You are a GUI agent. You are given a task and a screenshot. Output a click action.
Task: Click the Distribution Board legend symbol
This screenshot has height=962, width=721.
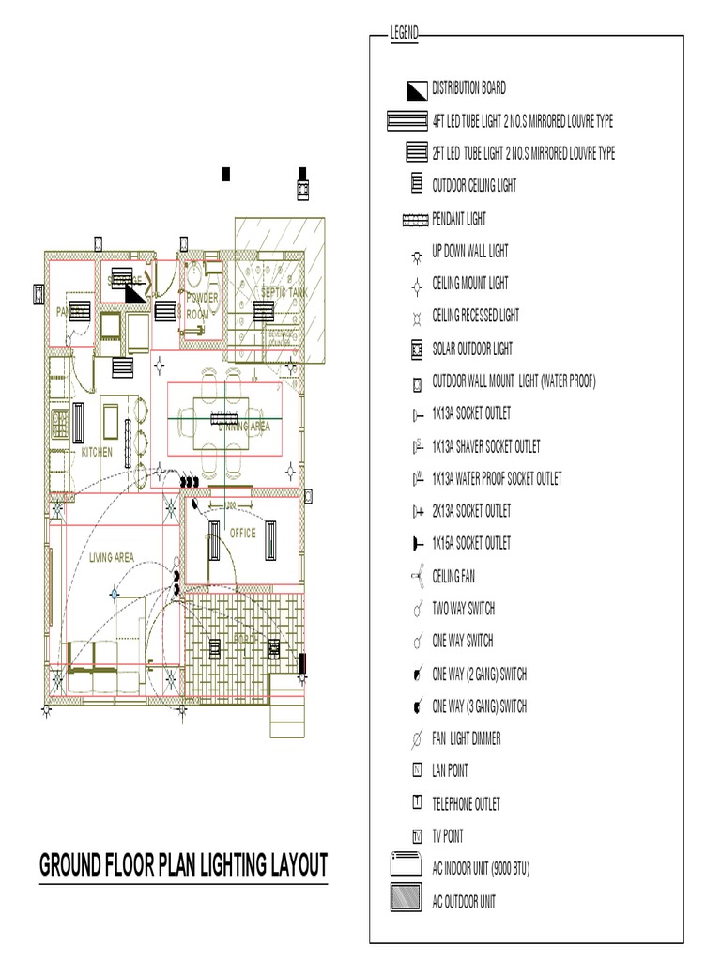(x=416, y=89)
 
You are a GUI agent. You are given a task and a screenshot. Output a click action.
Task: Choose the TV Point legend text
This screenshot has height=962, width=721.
(x=447, y=836)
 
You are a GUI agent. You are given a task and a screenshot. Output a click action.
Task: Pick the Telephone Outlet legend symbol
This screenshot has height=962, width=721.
(x=416, y=803)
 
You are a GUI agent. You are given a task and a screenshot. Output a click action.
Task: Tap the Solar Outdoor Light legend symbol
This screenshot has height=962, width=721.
(x=416, y=349)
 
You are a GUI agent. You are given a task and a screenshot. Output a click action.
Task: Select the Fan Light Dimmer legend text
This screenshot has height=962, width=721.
(x=466, y=738)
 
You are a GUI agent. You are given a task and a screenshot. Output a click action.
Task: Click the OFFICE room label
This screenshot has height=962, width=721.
(x=242, y=534)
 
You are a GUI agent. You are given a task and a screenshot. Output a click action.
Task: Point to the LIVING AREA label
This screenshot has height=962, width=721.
(x=112, y=558)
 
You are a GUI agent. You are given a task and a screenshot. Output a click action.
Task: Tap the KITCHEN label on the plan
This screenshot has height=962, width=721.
(x=97, y=453)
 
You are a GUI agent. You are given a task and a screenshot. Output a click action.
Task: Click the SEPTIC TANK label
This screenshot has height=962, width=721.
(x=284, y=293)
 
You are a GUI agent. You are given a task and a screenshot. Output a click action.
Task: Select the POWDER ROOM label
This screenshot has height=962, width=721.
(x=200, y=305)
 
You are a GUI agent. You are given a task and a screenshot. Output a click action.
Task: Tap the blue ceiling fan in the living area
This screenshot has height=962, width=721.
(x=115, y=593)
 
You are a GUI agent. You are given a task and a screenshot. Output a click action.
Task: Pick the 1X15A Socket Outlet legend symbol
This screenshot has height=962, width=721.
(x=416, y=544)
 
